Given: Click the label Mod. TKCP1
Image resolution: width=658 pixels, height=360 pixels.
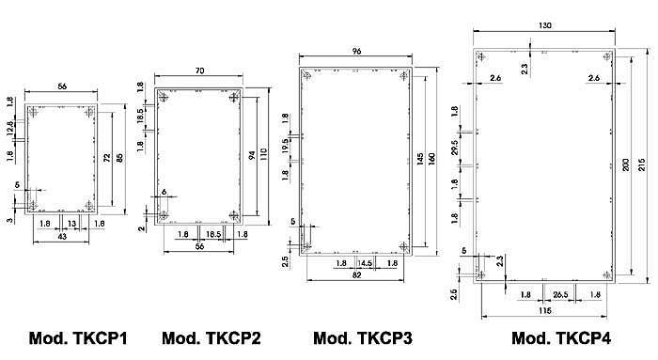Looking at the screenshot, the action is pos(78,338).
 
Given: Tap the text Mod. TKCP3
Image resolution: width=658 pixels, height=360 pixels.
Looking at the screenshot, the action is pos(363,338).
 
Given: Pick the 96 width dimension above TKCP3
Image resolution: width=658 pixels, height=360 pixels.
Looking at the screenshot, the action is pos(355,53).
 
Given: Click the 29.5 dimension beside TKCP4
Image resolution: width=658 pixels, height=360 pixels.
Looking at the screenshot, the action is pos(455,150).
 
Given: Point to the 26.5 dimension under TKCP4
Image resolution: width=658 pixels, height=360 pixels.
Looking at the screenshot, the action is pos(561,294).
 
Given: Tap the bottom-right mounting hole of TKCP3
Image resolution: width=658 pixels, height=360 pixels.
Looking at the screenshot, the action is pos(404,246).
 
